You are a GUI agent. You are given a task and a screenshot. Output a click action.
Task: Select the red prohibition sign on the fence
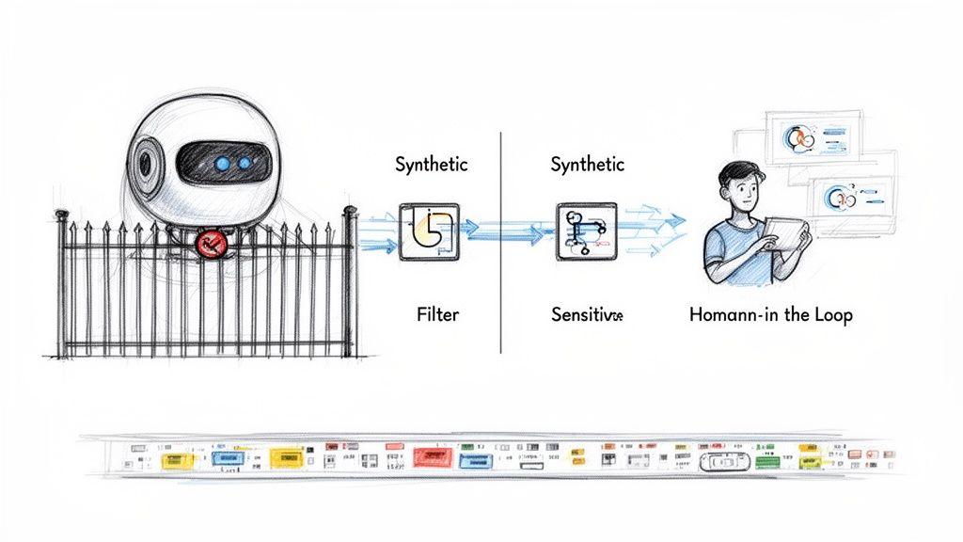pos(212,246)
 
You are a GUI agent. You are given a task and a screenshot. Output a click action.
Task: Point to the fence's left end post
pos(62,282)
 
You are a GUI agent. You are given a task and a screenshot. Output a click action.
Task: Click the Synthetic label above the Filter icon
pos(432,165)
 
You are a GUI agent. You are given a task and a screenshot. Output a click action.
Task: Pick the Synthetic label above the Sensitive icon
pos(587,165)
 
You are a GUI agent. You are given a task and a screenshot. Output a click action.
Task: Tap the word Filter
pos(437,314)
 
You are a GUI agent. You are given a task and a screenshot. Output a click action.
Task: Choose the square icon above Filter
pos(430,231)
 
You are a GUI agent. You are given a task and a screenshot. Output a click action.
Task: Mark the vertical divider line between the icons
pos(500,245)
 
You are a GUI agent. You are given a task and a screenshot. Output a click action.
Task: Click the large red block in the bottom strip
pos(434,457)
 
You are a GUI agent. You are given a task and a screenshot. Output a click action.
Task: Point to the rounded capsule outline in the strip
pos(724,461)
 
